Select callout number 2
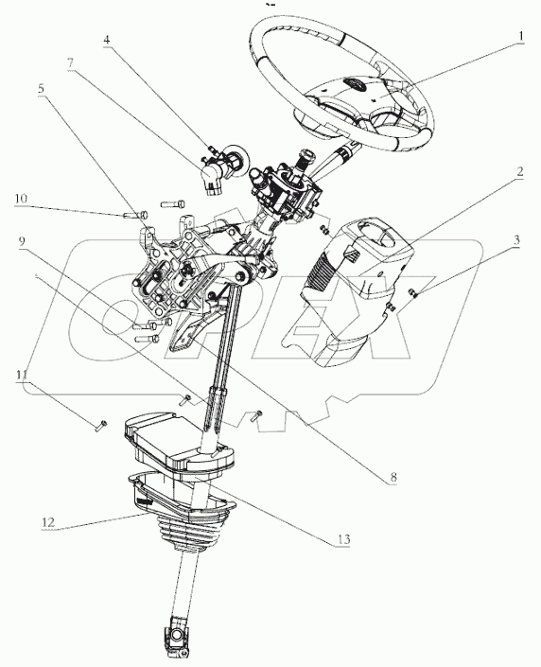[519, 173]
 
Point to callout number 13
[340, 539]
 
